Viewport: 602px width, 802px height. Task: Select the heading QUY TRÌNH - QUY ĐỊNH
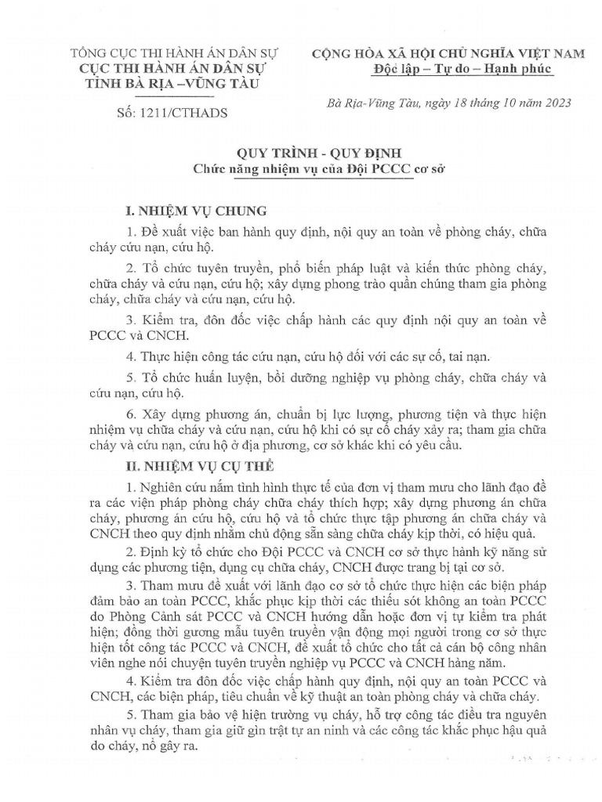tap(301, 153)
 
